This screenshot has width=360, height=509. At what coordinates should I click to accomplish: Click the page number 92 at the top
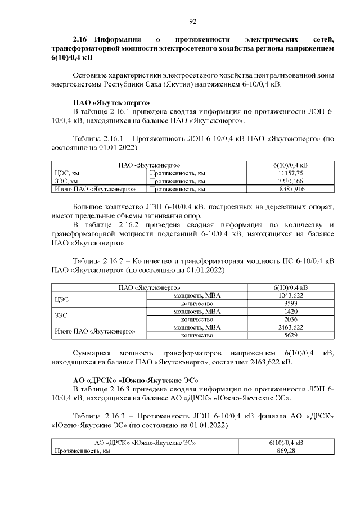coord(192,21)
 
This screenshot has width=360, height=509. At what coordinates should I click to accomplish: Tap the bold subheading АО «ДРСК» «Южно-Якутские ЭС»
coord(136,380)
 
